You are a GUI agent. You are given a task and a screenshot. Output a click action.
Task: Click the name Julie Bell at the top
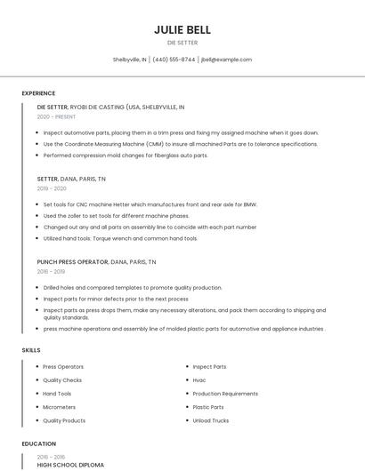coord(182,29)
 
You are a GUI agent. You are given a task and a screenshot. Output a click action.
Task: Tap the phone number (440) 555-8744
coord(174,60)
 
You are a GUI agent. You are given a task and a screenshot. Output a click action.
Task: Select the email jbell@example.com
coord(226,60)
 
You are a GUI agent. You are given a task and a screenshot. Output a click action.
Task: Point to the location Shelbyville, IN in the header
coord(130,60)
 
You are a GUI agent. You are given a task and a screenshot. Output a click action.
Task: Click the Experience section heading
coord(39,92)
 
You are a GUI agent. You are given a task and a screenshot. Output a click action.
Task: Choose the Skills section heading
coord(31,350)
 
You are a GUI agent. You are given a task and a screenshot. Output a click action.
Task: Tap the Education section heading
coord(39,443)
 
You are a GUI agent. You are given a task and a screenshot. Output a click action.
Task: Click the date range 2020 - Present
coord(56,116)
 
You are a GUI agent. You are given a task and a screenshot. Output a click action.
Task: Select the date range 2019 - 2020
coord(52,188)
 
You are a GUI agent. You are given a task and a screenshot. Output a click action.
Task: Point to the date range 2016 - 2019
coord(52,273)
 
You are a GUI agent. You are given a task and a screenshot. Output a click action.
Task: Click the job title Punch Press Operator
coord(72,262)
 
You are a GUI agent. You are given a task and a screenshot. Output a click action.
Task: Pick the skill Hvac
coord(199,379)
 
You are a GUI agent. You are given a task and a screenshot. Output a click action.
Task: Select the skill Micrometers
coord(59,407)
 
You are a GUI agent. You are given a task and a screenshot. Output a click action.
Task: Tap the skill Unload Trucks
coord(211,420)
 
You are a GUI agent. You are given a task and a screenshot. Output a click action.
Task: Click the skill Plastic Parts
coord(208,407)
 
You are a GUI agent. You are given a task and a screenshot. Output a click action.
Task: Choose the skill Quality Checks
coord(62,379)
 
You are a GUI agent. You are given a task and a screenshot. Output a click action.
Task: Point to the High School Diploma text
coord(70,465)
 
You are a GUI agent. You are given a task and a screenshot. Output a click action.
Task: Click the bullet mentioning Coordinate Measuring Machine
coord(180,144)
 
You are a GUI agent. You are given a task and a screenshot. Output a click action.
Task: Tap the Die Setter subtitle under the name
coord(182,43)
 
